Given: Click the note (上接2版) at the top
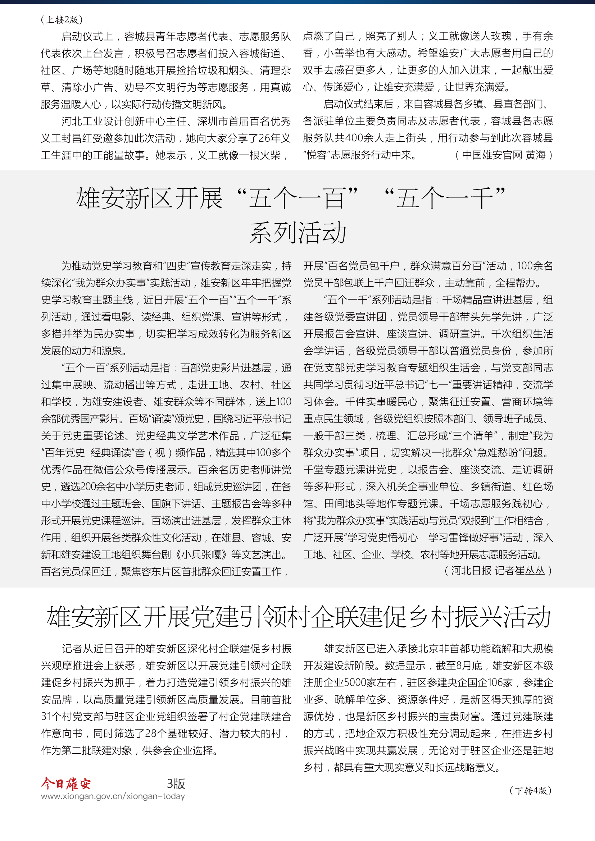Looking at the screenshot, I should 62,20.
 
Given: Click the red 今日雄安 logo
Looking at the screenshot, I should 66,783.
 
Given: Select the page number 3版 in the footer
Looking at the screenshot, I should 176,783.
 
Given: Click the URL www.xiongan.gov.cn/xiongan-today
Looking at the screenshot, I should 113,796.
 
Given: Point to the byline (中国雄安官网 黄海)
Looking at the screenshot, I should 504,155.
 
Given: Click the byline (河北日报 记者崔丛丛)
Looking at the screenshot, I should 498,570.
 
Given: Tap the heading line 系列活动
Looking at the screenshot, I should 298,233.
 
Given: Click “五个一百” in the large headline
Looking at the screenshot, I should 297,198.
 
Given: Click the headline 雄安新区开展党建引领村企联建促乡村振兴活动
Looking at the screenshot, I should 299,617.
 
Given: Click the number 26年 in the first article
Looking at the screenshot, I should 270,138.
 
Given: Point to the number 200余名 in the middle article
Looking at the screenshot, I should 96,487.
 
